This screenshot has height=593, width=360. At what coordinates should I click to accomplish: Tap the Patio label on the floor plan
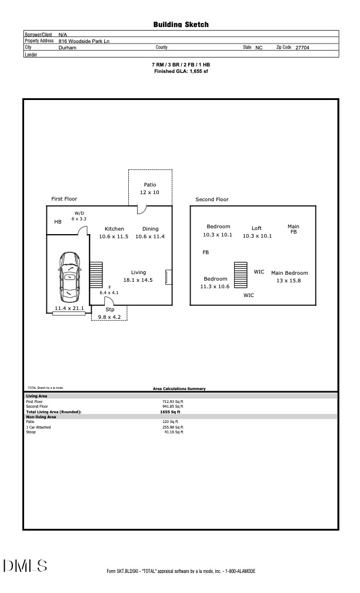pyautogui.click(x=150, y=185)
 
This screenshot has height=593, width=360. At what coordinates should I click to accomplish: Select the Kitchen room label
pyautogui.click(x=114, y=229)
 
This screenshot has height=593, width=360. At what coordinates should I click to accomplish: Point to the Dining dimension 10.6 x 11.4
pyautogui.click(x=150, y=236)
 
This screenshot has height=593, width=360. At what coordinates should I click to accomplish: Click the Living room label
pyautogui.click(x=138, y=272)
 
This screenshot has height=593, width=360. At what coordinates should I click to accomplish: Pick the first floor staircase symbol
pyautogui.click(x=96, y=275)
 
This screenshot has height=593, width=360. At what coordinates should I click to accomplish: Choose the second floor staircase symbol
pyautogui.click(x=241, y=275)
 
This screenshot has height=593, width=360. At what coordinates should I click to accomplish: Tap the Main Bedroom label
pyautogui.click(x=289, y=273)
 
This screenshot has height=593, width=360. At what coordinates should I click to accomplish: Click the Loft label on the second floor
pyautogui.click(x=256, y=228)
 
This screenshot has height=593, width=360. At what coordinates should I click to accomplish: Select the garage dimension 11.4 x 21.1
pyautogui.click(x=69, y=309)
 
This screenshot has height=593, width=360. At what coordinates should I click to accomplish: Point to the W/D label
pyautogui.click(x=79, y=214)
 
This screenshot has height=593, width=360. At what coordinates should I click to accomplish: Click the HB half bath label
pyautogui.click(x=58, y=222)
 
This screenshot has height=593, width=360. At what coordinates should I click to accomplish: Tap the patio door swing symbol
pyautogui.click(x=141, y=209)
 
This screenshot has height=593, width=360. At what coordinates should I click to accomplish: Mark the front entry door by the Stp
pyautogui.click(x=109, y=301)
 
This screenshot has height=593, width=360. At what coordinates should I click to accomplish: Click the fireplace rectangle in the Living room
pyautogui.click(x=169, y=277)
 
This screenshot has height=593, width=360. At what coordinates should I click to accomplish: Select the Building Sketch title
pyautogui.click(x=181, y=25)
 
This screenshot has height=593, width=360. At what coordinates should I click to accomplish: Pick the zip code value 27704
pyautogui.click(x=302, y=48)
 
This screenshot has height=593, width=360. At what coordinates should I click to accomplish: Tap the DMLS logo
pyautogui.click(x=25, y=566)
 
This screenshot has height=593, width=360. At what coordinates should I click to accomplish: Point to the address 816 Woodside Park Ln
pyautogui.click(x=84, y=41)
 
